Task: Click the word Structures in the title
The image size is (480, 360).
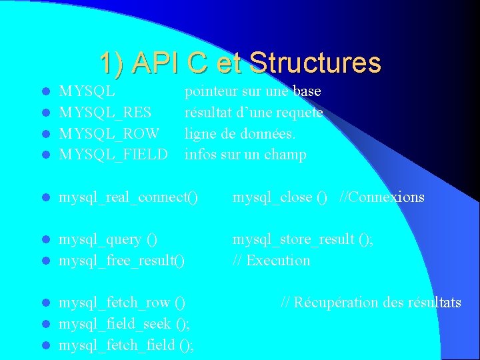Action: coord(315,63)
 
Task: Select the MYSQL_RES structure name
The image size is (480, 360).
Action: coord(105,113)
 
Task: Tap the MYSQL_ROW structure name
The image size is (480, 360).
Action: coord(109,134)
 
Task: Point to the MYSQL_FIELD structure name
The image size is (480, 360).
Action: coord(113,155)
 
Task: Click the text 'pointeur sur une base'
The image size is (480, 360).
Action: coord(253,91)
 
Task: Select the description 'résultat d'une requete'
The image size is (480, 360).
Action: coord(253,113)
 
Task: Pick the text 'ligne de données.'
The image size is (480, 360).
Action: coord(239,134)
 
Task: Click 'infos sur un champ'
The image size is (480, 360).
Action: coord(245,155)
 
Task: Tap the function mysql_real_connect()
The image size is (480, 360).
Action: coord(129,197)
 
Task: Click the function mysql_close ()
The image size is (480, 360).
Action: coord(280,197)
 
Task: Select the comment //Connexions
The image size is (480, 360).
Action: coord(382,197)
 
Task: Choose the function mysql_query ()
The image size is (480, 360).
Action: coord(109,239)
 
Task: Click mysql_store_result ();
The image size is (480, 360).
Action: coord(303,239)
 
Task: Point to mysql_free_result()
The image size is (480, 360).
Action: coord(122,261)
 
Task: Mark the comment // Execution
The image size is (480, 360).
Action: coord(271,261)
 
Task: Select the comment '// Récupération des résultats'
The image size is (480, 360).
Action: coord(371,303)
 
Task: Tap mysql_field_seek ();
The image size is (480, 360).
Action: coord(124,324)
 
